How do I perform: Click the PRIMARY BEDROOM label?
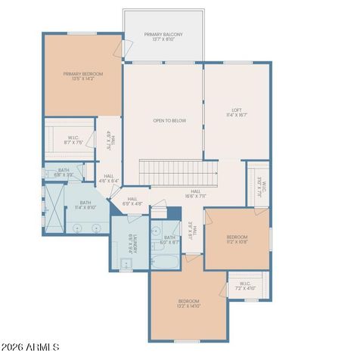tap(82, 76)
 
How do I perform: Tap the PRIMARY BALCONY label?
tap(163, 38)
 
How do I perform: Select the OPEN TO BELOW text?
tap(169, 121)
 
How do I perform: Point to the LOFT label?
tap(236, 113)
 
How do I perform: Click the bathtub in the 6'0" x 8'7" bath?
tap(165, 262)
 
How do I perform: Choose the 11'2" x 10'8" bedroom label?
tap(237, 240)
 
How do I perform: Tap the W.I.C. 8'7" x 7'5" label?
tap(63, 138)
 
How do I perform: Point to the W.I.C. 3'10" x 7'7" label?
tap(258, 185)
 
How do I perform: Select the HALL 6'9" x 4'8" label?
tap(132, 201)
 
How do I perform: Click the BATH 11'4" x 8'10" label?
tap(85, 205)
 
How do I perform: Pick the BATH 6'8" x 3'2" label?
tap(64, 172)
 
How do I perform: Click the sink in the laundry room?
tap(126, 263)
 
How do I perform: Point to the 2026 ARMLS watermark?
tap(32, 347)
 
